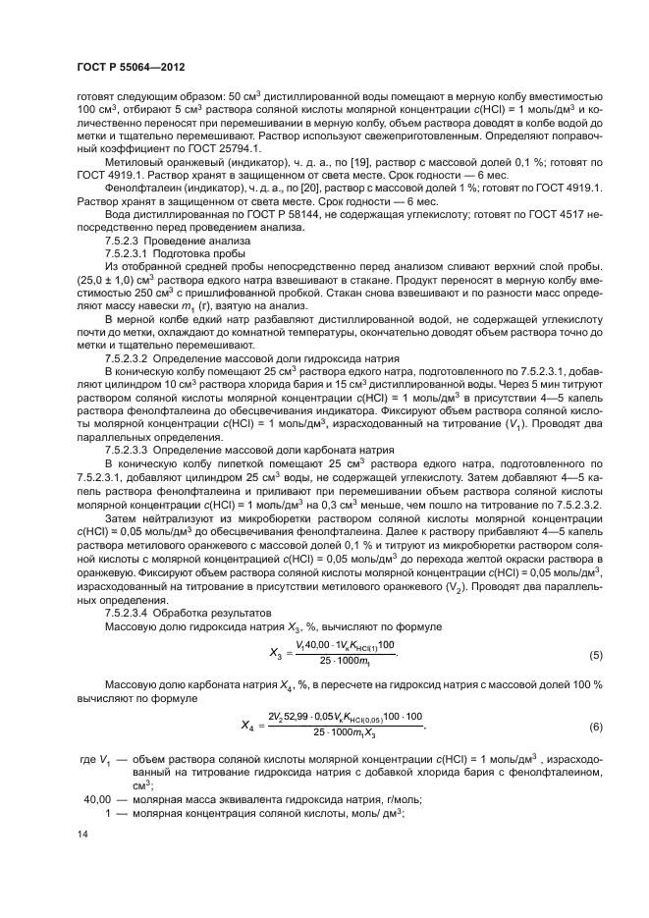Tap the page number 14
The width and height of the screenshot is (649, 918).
[81, 859]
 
